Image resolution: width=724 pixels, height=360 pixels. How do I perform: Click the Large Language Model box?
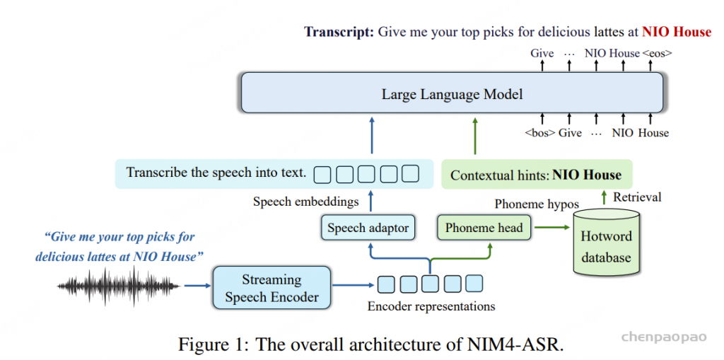pyautogui.click(x=452, y=93)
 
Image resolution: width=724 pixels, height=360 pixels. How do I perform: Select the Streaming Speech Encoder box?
pyautogui.click(x=271, y=287)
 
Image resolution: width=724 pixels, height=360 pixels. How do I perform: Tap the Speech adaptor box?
pyautogui.click(x=368, y=227)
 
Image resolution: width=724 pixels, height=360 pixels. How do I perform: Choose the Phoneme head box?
pyautogui.click(x=484, y=227)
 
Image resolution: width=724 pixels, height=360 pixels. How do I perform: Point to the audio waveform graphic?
pyautogui.click(x=119, y=286)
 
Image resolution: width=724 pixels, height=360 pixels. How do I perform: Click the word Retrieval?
pyautogui.click(x=637, y=197)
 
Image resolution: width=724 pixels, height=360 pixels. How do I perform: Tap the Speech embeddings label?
pyautogui.click(x=305, y=202)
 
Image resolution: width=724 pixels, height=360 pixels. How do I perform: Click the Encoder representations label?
pyautogui.click(x=431, y=306)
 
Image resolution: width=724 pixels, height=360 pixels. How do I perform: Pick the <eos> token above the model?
pyautogui.click(x=657, y=53)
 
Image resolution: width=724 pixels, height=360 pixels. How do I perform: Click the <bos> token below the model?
pyautogui.click(x=539, y=133)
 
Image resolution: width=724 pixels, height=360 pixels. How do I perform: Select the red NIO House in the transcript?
pyautogui.click(x=677, y=32)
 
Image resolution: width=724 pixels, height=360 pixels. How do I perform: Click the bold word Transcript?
pyautogui.click(x=339, y=32)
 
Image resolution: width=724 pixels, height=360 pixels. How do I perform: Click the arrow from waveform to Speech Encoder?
pyautogui.click(x=197, y=286)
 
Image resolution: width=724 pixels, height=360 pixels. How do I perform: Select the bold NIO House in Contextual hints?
pyautogui.click(x=587, y=175)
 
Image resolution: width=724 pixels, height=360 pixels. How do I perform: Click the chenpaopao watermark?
pyautogui.click(x=664, y=337)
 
